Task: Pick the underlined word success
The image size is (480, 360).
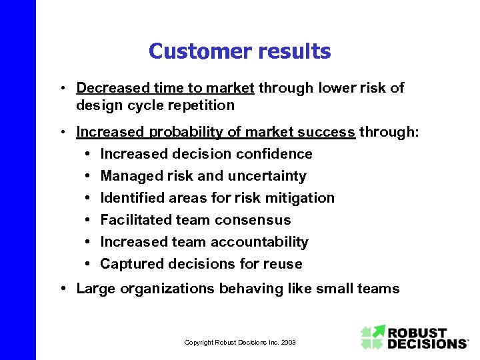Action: [327, 132]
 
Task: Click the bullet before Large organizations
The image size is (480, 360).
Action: [61, 289]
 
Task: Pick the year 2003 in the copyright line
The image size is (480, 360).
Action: [288, 342]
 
